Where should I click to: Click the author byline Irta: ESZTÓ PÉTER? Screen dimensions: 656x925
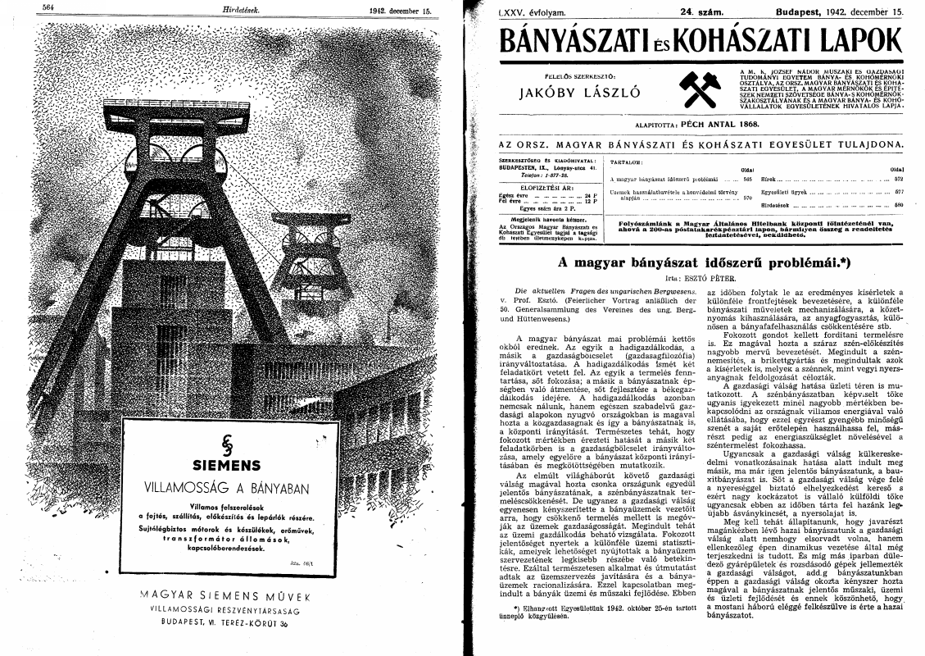click(x=697, y=279)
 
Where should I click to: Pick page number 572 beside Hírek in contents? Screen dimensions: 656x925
click(x=897, y=178)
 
